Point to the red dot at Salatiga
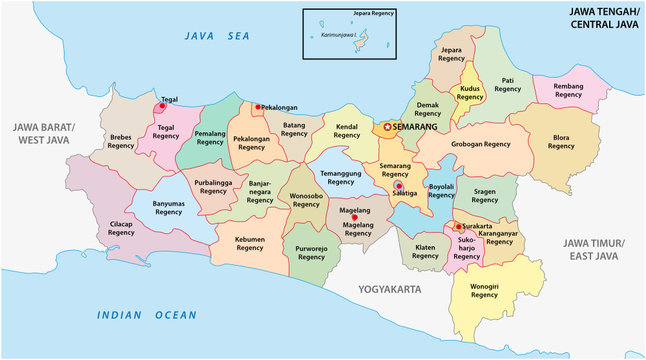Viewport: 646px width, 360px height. click(x=399, y=186)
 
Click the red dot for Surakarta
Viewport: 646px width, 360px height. click(x=457, y=226)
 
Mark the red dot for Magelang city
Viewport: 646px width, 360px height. click(x=340, y=217)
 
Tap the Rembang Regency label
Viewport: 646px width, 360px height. click(x=575, y=93)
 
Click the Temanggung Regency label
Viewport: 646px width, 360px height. click(x=341, y=177)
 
